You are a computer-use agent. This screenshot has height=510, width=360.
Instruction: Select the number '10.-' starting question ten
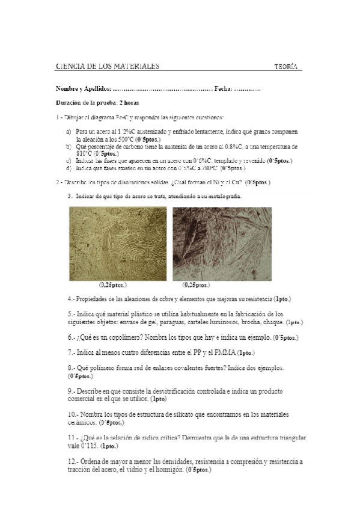click(74, 414)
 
